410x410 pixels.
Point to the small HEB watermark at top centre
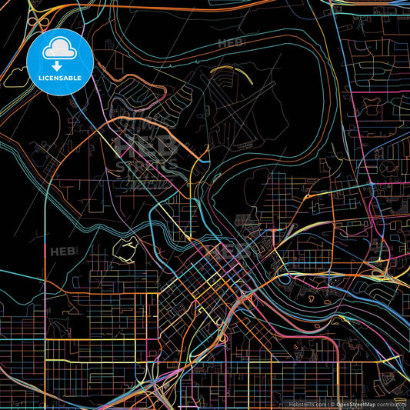tap(231, 42)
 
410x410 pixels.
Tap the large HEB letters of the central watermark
tap(145, 145)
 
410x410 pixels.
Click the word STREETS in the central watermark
tap(146, 165)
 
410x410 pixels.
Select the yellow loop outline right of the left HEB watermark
tap(125, 248)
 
